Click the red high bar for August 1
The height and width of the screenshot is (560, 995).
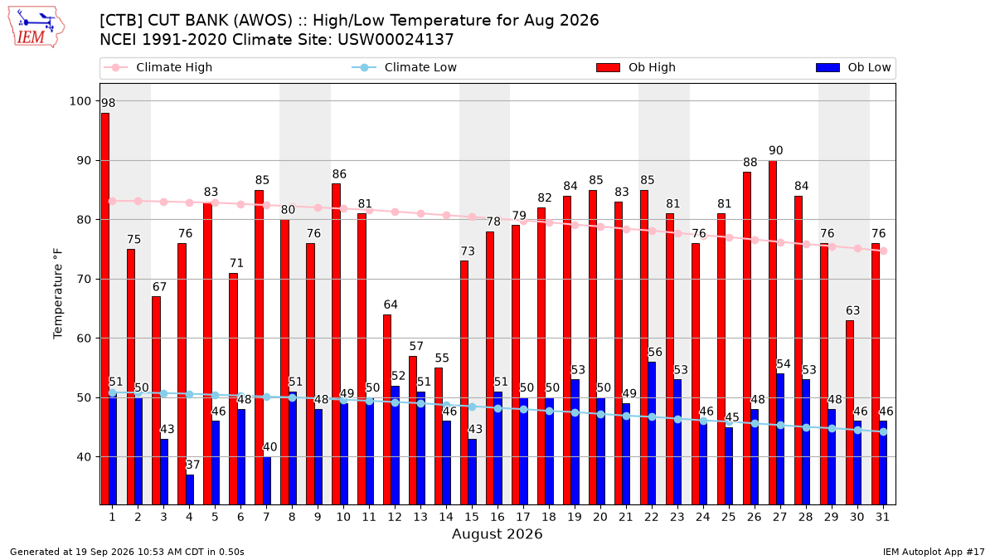(105, 309)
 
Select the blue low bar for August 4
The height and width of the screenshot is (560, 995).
(190, 489)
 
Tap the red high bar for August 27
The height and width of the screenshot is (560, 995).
(773, 333)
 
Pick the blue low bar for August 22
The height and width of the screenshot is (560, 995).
(652, 433)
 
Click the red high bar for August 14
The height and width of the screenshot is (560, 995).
(439, 436)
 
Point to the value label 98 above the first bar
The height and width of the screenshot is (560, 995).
(108, 103)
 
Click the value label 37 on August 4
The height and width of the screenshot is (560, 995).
(192, 465)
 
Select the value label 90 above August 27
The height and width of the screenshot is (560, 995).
(775, 151)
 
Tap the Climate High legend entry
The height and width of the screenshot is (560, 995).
(158, 67)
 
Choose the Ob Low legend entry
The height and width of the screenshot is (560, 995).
(853, 67)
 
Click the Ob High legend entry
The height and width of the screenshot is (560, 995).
(636, 67)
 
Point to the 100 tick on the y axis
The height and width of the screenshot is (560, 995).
(80, 101)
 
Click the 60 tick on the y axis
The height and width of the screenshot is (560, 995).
(84, 338)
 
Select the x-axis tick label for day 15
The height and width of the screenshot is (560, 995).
(472, 518)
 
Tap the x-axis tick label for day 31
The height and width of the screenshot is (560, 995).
(882, 518)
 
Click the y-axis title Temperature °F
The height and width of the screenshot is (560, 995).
(58, 294)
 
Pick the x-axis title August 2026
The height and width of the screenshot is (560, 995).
(497, 533)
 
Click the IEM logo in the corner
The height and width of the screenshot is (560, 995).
(36, 27)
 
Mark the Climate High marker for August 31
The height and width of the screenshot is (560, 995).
(884, 251)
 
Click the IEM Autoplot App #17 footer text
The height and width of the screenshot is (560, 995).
(934, 552)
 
